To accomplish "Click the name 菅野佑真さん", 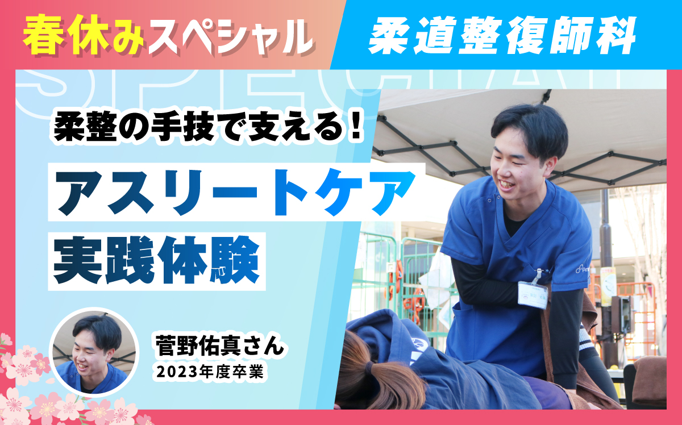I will [x=219, y=345].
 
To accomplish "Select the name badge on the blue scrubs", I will [x=533, y=294].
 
